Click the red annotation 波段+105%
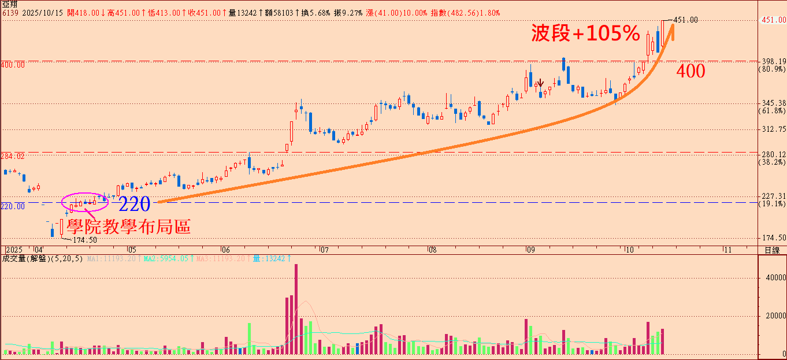pos(585,34)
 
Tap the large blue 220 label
pos(134,204)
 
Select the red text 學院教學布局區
pos(128,226)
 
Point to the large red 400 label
pos(691,72)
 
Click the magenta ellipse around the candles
pos(84,201)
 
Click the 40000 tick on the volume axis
pos(773,277)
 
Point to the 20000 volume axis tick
pos(773,316)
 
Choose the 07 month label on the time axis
pos(324,250)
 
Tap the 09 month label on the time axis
pos(529,250)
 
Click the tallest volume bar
pos(296,309)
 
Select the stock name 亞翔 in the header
pos(9,3)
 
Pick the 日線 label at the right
pos(771,250)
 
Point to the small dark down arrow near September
pos(540,83)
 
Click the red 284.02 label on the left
pos(13,156)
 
